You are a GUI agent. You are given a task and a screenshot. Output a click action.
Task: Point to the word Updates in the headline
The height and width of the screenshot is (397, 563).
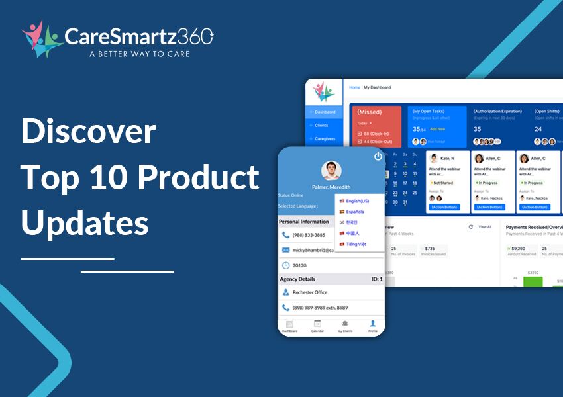85,223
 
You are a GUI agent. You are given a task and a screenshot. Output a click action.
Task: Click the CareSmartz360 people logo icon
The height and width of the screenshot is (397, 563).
40,38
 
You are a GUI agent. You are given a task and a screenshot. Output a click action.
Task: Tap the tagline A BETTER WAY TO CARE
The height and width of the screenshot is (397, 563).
139,54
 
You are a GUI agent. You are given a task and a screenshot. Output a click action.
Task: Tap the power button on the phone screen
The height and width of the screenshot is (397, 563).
378,156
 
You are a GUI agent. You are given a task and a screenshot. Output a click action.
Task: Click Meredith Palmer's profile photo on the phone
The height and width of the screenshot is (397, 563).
331,171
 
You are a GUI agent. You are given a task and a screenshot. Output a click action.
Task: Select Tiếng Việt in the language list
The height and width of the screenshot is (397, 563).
356,244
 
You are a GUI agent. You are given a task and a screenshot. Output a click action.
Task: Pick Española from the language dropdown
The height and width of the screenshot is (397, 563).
354,212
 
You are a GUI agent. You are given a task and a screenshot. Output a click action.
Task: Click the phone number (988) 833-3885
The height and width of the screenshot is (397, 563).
309,235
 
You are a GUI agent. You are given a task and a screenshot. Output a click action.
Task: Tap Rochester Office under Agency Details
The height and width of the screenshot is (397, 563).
311,292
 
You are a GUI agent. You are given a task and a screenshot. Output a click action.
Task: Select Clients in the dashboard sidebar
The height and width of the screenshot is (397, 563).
321,125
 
